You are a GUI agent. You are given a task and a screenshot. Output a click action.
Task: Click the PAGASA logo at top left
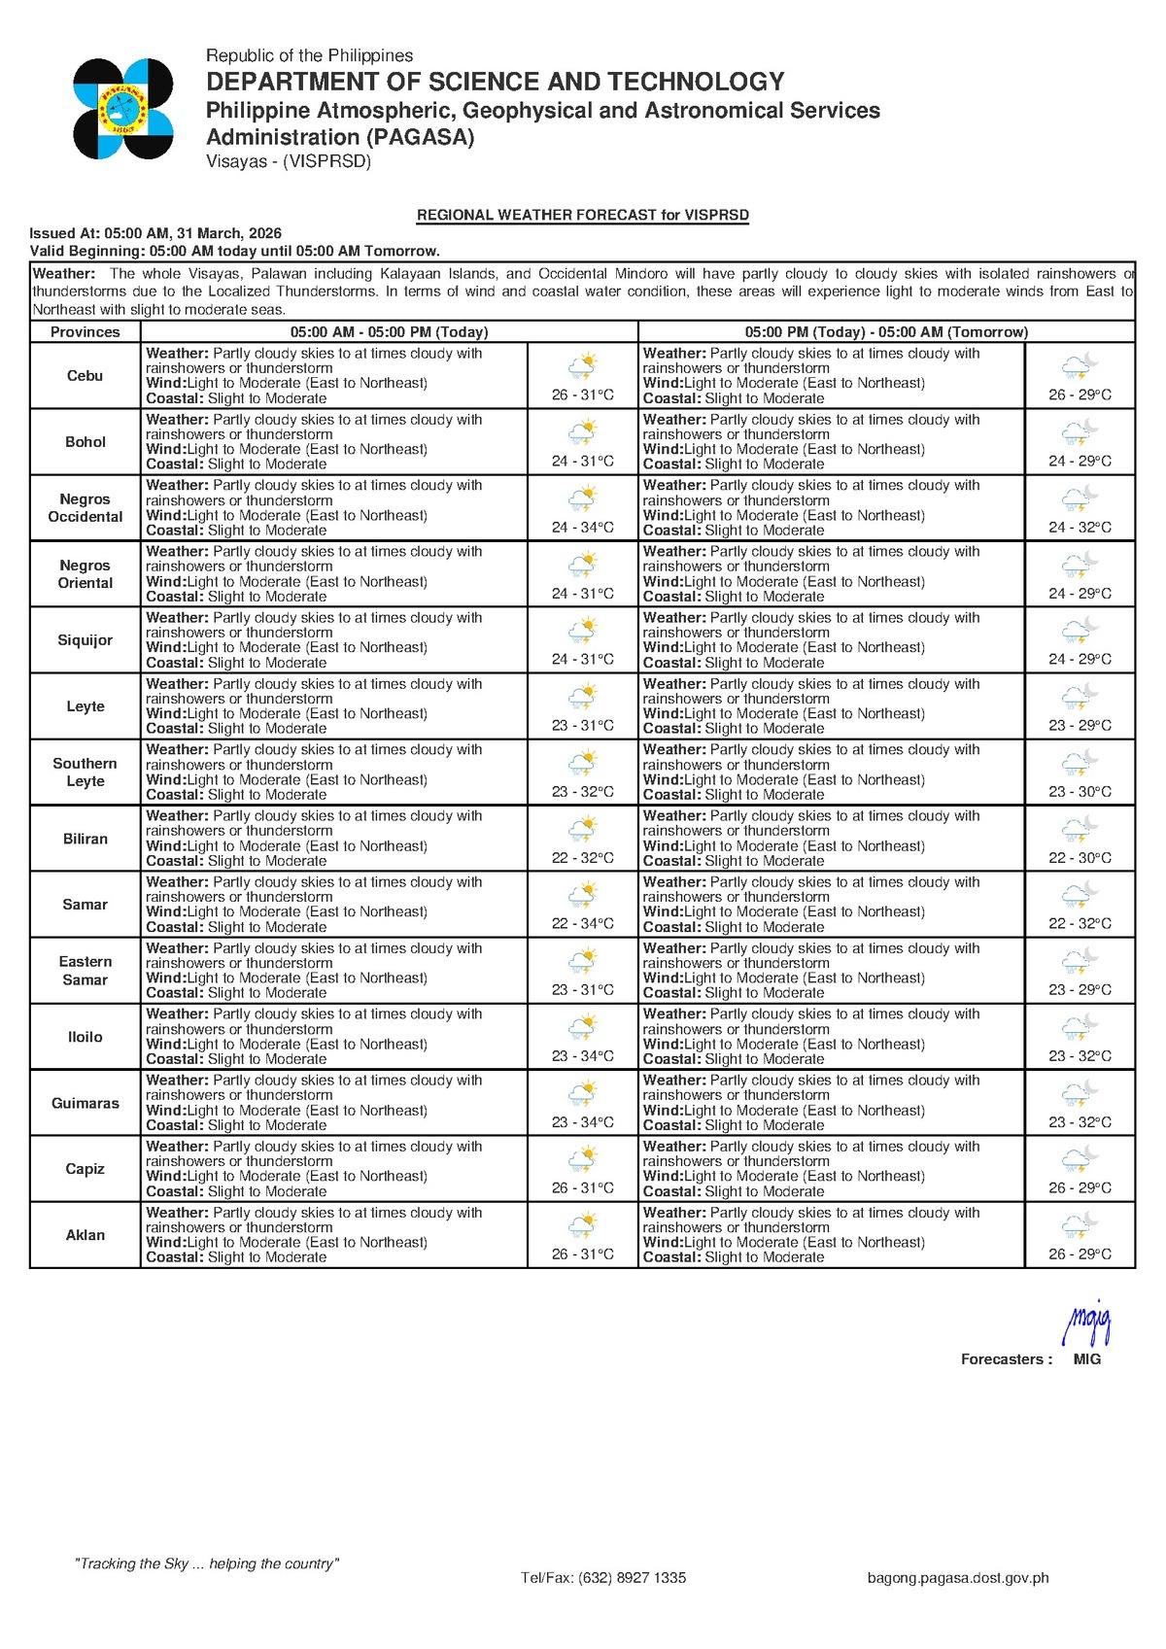(123, 109)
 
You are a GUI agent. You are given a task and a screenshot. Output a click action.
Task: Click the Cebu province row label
(86, 376)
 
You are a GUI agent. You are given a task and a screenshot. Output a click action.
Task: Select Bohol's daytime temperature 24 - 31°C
(583, 461)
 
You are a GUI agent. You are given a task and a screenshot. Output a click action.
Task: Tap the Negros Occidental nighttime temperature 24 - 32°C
(1080, 527)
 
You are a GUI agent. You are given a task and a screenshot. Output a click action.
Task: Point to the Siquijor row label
(86, 640)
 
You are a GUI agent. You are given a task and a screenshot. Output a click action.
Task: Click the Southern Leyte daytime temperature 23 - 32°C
(583, 791)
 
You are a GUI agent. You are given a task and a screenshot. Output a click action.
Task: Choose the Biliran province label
(86, 839)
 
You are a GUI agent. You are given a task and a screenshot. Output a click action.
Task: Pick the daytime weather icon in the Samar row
(583, 894)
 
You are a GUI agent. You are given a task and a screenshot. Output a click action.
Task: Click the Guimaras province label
(86, 1103)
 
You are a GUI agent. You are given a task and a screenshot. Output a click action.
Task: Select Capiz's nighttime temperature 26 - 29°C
(1080, 1187)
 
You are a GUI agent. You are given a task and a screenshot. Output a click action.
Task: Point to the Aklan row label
(86, 1235)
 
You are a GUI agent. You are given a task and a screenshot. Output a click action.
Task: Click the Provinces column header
(86, 332)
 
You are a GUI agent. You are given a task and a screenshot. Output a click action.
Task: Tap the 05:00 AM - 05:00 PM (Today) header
(389, 332)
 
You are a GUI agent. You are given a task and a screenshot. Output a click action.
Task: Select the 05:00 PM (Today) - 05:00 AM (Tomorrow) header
(886, 332)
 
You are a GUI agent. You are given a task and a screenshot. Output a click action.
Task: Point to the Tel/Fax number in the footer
(603, 1578)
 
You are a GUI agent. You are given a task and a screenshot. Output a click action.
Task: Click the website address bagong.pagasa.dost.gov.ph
(958, 1578)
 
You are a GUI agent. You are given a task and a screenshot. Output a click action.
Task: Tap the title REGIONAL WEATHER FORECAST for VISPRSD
(583, 215)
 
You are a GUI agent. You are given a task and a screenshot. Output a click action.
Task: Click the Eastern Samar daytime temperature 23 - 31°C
(583, 989)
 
